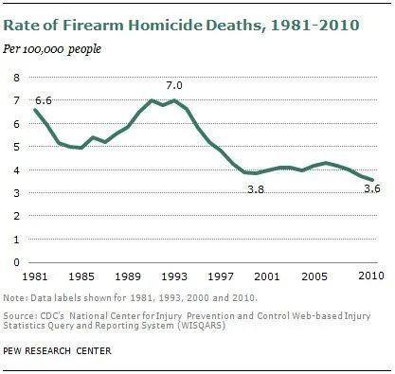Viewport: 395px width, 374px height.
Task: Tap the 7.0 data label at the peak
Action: point(174,85)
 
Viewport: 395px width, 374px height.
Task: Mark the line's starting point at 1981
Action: point(34,110)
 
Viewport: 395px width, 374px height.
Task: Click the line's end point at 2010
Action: point(370,179)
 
